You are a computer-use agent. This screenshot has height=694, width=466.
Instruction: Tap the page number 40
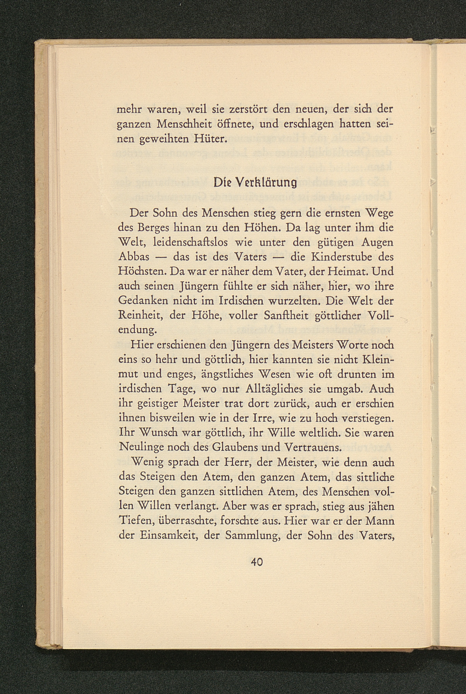(x=257, y=562)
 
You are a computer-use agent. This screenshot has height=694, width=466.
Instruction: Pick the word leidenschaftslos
(x=190, y=242)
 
